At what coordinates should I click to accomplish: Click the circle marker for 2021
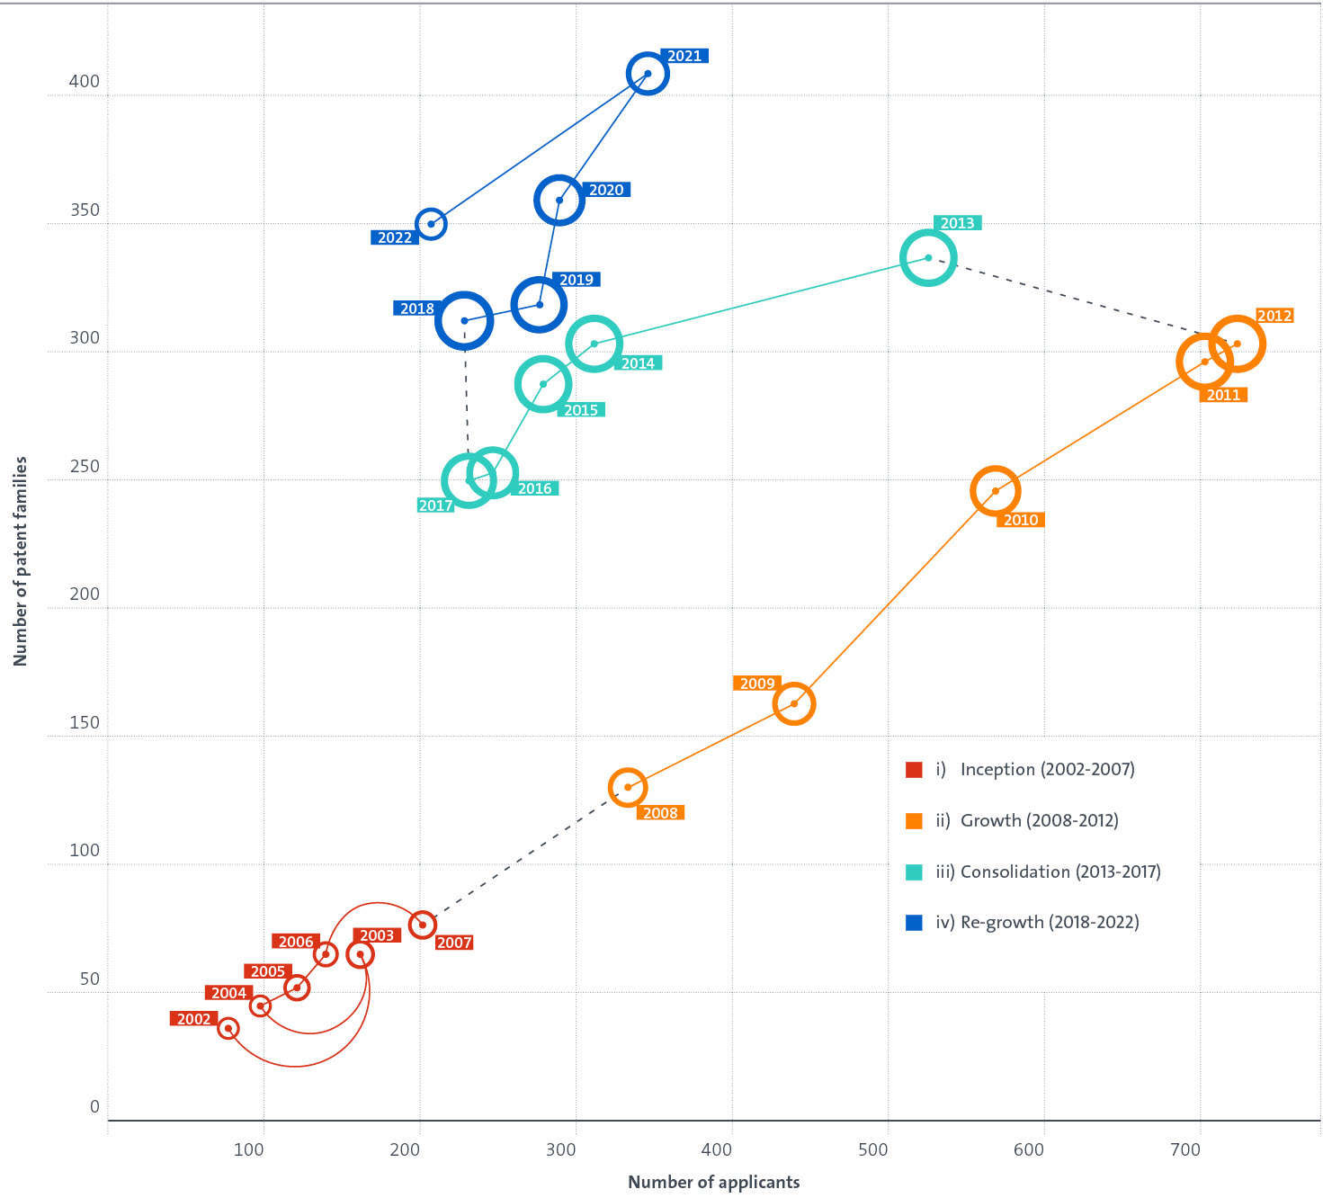[x=648, y=74]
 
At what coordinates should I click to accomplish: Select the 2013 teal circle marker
[x=928, y=258]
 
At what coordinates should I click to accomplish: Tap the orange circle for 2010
[x=995, y=491]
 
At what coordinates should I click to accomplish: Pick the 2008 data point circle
[x=628, y=787]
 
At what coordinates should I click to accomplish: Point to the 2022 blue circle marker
[x=431, y=224]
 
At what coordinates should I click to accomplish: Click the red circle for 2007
[x=422, y=925]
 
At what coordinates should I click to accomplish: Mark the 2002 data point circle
[x=228, y=1028]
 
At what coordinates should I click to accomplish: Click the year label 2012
[x=1274, y=316]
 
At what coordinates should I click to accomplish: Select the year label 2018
[x=416, y=308]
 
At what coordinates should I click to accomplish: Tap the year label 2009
[x=756, y=684]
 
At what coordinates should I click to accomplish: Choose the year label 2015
[x=581, y=410]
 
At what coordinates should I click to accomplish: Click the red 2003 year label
[x=376, y=935]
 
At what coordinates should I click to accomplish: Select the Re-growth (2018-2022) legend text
[x=1049, y=922]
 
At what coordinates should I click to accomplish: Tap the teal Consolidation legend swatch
[x=914, y=872]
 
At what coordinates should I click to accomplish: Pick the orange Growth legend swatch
[x=914, y=820]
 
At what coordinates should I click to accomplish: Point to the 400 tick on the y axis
[x=85, y=82]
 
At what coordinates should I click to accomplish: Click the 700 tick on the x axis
[x=1185, y=1149]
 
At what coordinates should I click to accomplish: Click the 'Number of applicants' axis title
[x=713, y=1182]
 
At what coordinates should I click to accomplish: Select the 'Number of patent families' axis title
[x=21, y=561]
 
